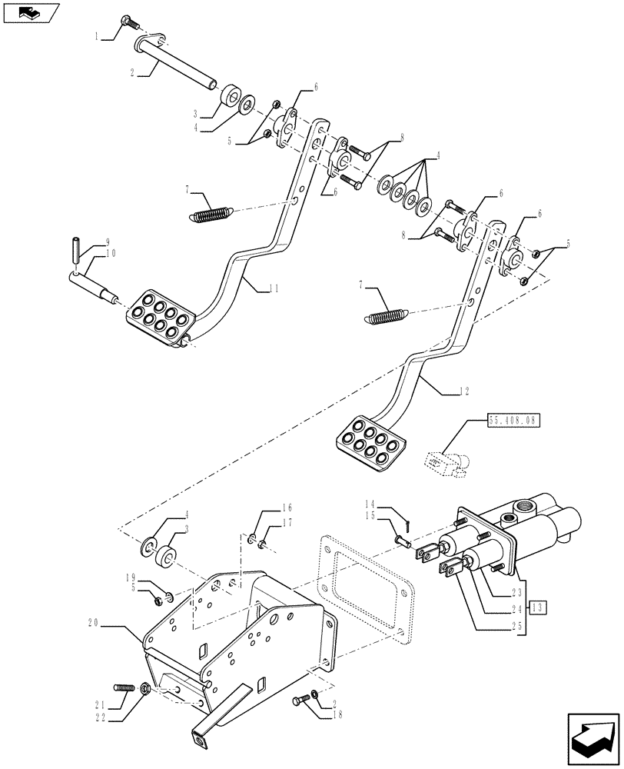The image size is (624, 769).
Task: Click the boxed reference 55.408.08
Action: point(513,421)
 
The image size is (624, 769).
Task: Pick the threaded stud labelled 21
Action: point(124,686)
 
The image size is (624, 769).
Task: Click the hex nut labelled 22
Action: point(145,688)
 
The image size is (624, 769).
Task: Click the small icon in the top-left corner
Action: point(31,12)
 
